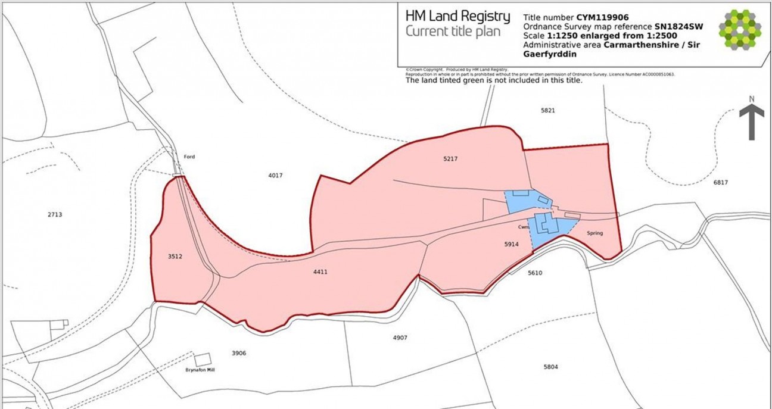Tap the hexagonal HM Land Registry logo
point(740,29)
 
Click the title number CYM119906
point(602,17)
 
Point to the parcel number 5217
point(452,159)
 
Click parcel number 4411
point(320,272)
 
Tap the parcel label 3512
point(175,257)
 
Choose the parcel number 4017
point(275,176)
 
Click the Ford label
point(189,157)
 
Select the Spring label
point(594,233)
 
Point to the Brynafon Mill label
point(200,370)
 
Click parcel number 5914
point(511,244)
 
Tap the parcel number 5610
point(535,273)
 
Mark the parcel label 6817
point(720,183)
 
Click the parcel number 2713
point(54,214)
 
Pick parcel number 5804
point(550,367)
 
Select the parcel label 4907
point(400,338)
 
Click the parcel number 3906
point(239,353)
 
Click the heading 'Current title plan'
point(453,32)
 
